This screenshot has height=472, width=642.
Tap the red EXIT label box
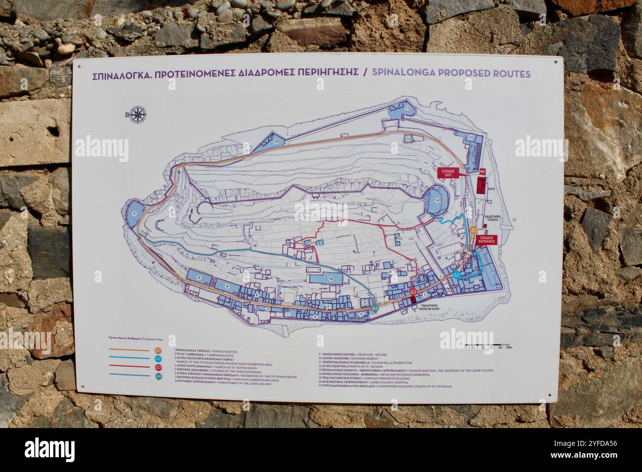pos(448,172)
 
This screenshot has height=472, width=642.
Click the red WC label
pos(482,172)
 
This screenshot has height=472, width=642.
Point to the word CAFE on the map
pos(491,189)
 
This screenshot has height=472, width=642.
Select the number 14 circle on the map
pos(437,200)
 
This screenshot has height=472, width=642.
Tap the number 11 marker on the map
pos(407,108)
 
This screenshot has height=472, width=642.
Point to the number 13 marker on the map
pos(471,137)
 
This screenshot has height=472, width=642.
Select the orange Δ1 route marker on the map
pos(473,230)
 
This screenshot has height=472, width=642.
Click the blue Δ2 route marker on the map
pos(457,274)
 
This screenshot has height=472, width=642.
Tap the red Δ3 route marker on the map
pos(413,292)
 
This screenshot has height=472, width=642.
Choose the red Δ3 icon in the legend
pos(159,367)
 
